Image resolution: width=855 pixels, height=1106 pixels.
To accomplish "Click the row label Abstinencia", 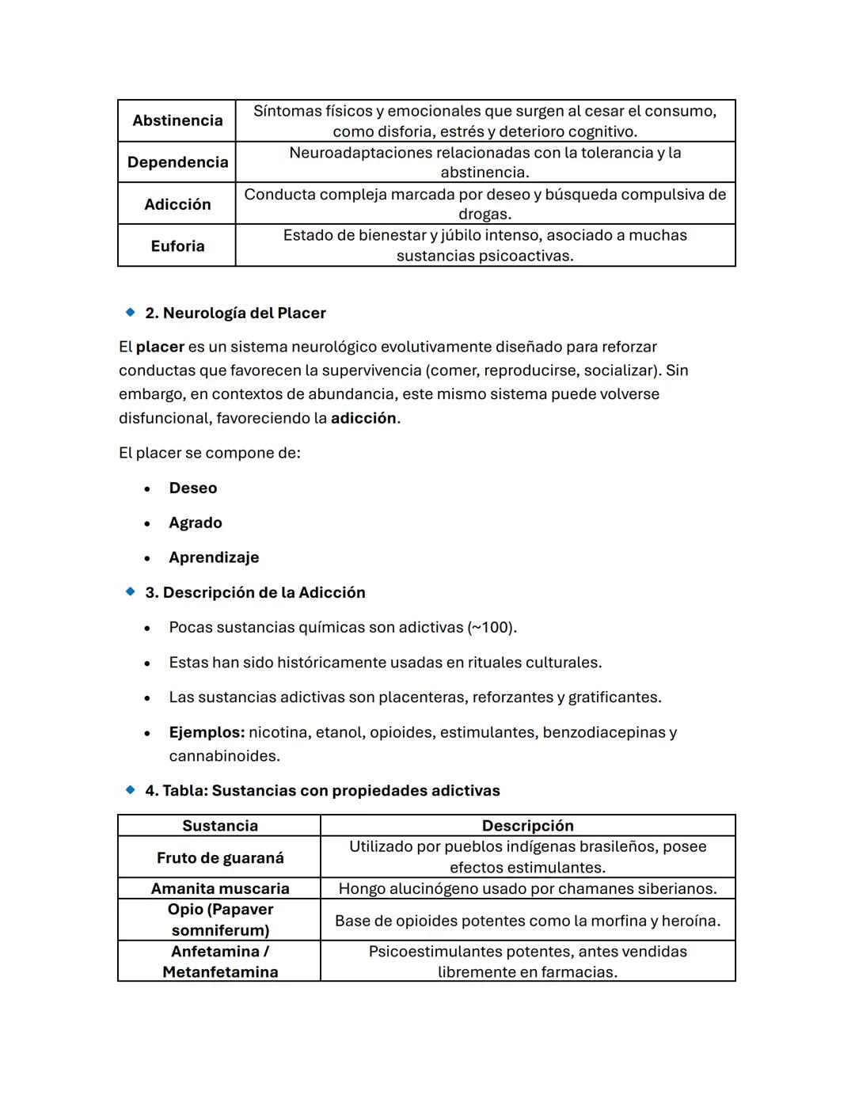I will (x=177, y=120).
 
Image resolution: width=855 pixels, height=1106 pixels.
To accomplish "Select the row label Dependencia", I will (x=177, y=162).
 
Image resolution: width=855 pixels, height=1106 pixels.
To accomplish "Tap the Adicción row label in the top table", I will (x=177, y=204).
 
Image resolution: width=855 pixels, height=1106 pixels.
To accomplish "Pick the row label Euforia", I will (x=177, y=246).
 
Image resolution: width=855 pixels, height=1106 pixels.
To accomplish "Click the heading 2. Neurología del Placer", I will (x=235, y=313).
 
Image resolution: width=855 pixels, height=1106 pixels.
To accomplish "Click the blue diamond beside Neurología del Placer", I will (x=131, y=313).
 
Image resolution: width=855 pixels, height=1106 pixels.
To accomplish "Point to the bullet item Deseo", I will (x=192, y=488).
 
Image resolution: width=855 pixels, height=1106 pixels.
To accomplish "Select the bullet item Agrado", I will (x=195, y=523).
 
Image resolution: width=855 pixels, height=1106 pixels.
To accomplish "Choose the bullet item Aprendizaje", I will (x=214, y=557).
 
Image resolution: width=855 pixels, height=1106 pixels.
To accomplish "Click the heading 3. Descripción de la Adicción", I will (x=255, y=592).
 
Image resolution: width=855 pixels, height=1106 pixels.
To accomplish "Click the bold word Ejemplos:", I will (x=207, y=732).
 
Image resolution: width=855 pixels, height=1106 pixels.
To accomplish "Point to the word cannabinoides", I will (x=224, y=756).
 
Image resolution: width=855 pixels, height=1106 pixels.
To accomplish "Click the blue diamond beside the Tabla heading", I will (x=131, y=790).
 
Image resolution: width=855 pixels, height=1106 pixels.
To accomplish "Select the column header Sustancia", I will (x=220, y=826).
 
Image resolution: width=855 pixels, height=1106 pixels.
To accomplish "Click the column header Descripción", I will (x=527, y=826).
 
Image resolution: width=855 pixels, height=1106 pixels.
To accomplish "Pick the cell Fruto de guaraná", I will (x=220, y=857).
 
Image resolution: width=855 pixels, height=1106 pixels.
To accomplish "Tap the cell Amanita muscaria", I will (x=220, y=888).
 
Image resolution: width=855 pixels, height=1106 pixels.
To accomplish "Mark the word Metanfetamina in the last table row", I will (x=220, y=972).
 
